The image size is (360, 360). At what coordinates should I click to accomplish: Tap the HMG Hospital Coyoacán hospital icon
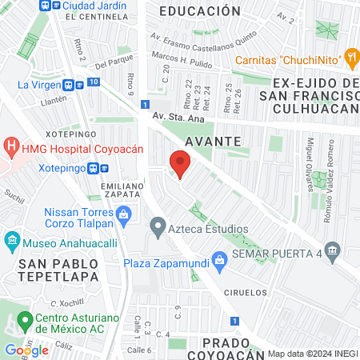pyautogui.click(x=12, y=147)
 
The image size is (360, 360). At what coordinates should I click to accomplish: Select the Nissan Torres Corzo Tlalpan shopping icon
pyautogui.click(x=123, y=214)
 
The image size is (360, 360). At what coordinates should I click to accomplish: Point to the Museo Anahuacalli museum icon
pyautogui.click(x=12, y=240)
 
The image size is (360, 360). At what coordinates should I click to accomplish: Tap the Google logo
pyautogui.click(x=26, y=350)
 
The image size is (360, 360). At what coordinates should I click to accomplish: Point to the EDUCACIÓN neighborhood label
pyautogui.click(x=199, y=11)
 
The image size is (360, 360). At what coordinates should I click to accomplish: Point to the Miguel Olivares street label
pyautogui.click(x=312, y=159)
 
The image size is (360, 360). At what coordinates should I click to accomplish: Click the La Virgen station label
pyautogui.click(x=36, y=84)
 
